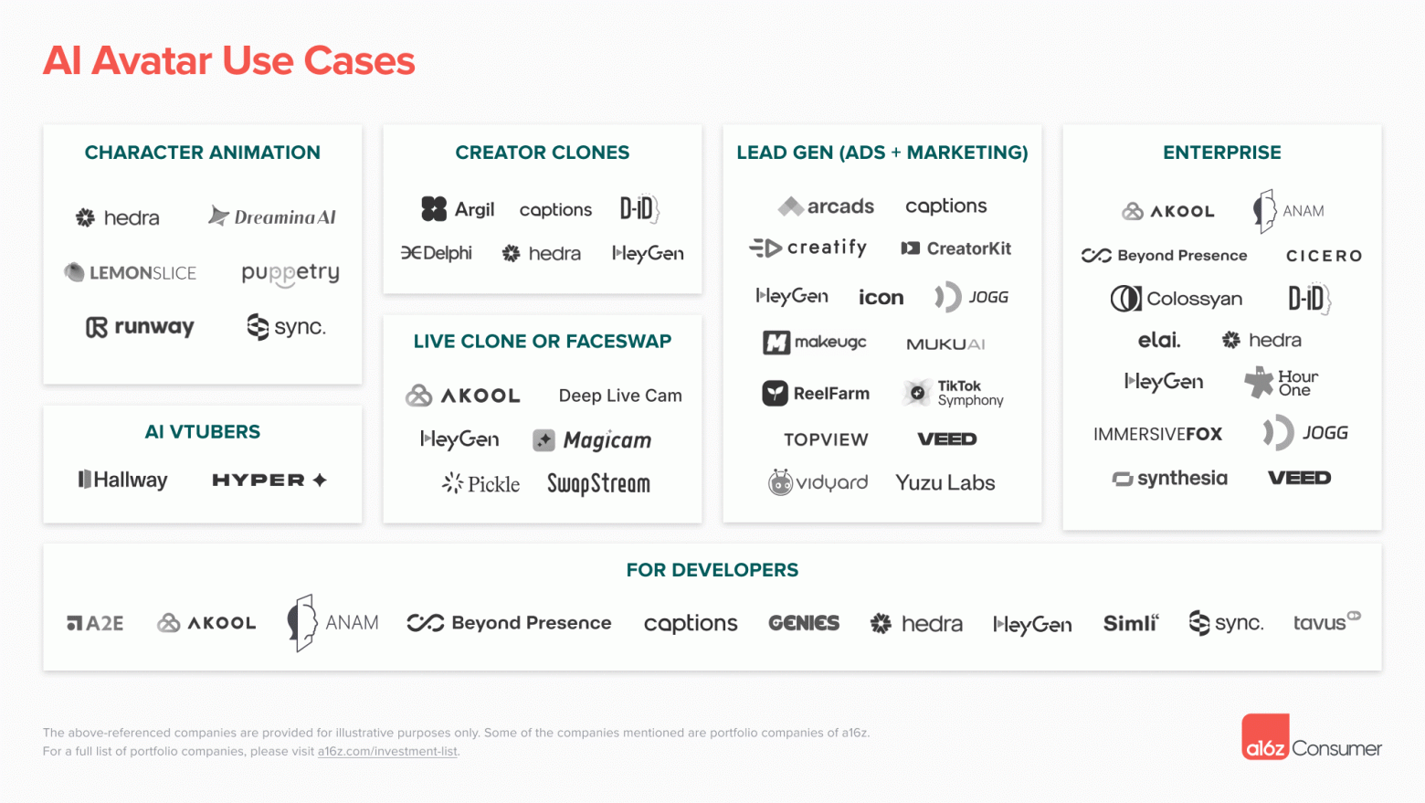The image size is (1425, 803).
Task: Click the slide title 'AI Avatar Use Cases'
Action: [228, 61]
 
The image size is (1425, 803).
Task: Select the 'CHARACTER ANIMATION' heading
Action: [202, 153]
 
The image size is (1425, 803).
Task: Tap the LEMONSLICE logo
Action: [131, 272]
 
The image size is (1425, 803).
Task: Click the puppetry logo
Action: [290, 273]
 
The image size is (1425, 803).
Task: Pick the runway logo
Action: [140, 327]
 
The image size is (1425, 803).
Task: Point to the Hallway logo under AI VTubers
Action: [123, 480]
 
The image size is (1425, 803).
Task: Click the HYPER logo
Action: [269, 480]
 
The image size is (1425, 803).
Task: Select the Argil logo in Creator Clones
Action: [458, 209]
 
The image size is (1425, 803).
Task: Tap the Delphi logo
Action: [437, 253]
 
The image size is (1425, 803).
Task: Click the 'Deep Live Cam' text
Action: [620, 396]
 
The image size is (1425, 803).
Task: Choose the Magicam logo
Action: [592, 440]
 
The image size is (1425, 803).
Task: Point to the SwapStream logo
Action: [598, 483]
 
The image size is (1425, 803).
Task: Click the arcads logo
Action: [827, 206]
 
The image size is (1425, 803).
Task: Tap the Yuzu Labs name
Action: [945, 482]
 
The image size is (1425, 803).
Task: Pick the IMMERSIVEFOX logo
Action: [1157, 434]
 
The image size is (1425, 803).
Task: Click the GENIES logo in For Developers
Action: [804, 623]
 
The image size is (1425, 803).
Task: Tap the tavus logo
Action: [1325, 622]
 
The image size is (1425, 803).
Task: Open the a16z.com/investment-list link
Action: [387, 752]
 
